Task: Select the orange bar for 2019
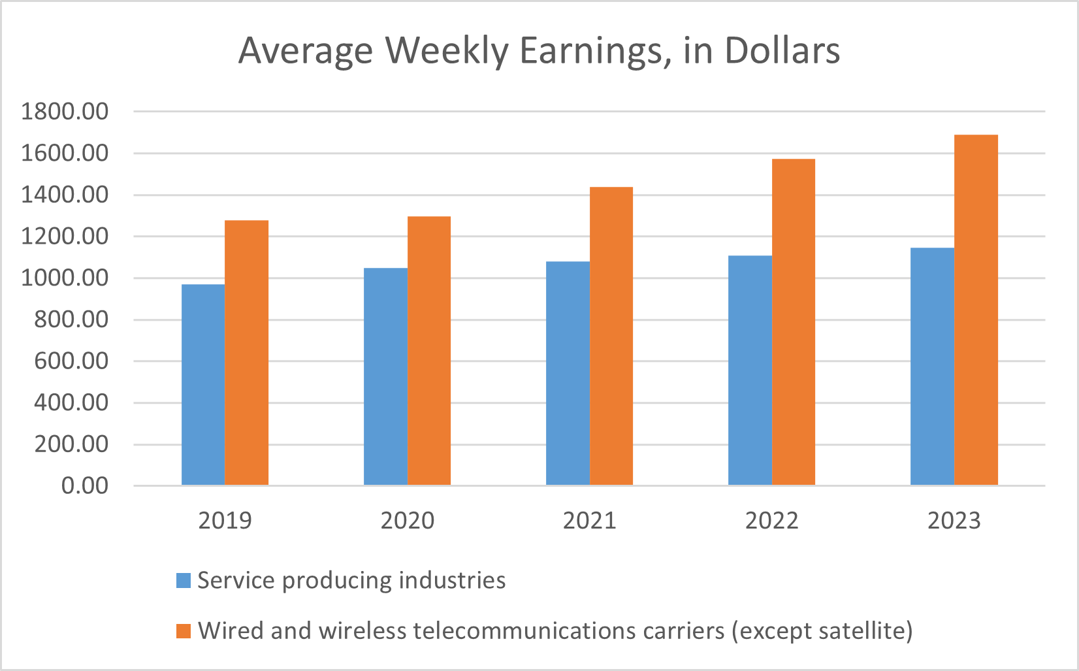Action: (x=246, y=353)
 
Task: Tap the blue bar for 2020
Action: (x=385, y=376)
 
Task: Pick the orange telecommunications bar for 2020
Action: (x=429, y=350)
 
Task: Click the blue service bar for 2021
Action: (x=568, y=373)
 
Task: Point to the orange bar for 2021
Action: (x=611, y=336)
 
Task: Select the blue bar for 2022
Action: (x=750, y=370)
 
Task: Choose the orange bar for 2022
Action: (x=794, y=321)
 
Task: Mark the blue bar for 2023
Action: (x=932, y=366)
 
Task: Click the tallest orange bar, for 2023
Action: (x=976, y=310)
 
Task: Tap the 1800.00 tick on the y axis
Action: (x=65, y=112)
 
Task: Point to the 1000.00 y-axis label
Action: (x=65, y=278)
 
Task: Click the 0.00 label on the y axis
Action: (x=84, y=486)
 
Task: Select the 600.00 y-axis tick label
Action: (x=71, y=361)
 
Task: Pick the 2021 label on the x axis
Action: (x=590, y=521)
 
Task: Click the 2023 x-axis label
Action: (x=954, y=521)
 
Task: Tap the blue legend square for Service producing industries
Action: (x=184, y=580)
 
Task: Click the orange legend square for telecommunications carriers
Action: (x=184, y=631)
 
